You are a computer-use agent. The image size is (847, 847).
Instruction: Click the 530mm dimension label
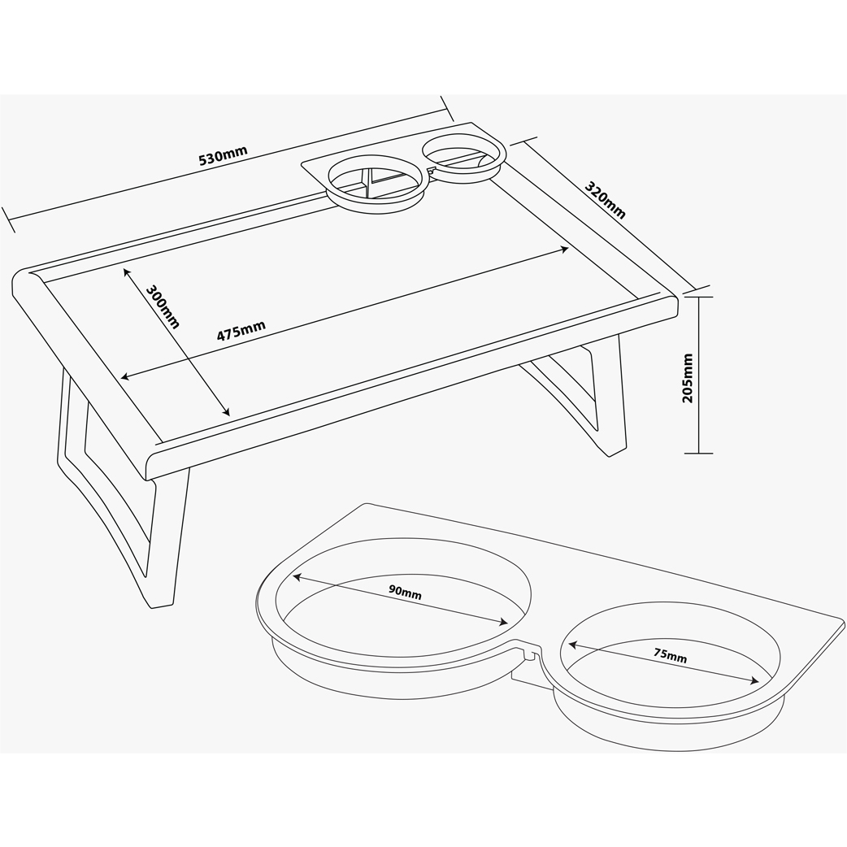(223, 155)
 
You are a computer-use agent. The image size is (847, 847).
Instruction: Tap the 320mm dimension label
(606, 201)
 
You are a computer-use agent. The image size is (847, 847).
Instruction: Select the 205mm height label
(687, 378)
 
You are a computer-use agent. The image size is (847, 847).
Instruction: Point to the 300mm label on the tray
(163, 306)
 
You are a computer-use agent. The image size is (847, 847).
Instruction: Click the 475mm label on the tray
(241, 331)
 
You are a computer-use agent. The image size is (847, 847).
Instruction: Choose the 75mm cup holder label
(671, 655)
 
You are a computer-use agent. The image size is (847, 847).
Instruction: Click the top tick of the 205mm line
(698, 297)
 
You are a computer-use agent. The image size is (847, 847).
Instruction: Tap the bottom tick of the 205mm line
(698, 454)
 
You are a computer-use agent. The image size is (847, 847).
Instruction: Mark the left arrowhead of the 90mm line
(297, 577)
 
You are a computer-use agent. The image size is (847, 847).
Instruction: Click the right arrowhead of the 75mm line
(754, 681)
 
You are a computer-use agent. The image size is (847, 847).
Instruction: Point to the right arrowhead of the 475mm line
(564, 250)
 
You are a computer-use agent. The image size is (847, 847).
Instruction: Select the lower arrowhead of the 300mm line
(227, 412)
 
